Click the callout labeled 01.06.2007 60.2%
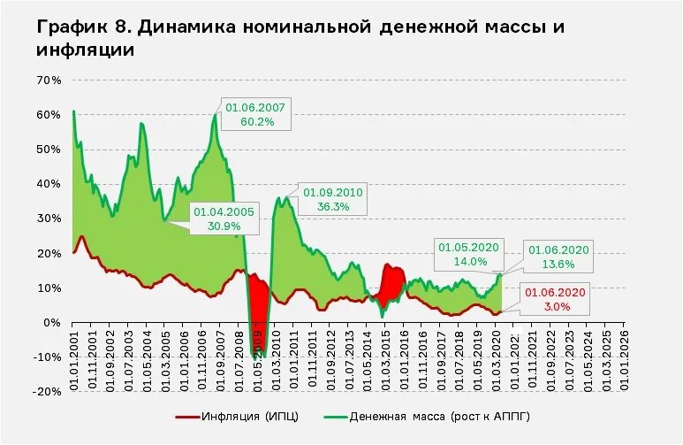point(255,114)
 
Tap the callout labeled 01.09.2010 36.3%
point(332,199)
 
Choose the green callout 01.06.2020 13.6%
point(559,257)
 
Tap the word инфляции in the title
point(85,50)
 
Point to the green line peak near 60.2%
point(215,115)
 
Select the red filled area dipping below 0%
point(259,314)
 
